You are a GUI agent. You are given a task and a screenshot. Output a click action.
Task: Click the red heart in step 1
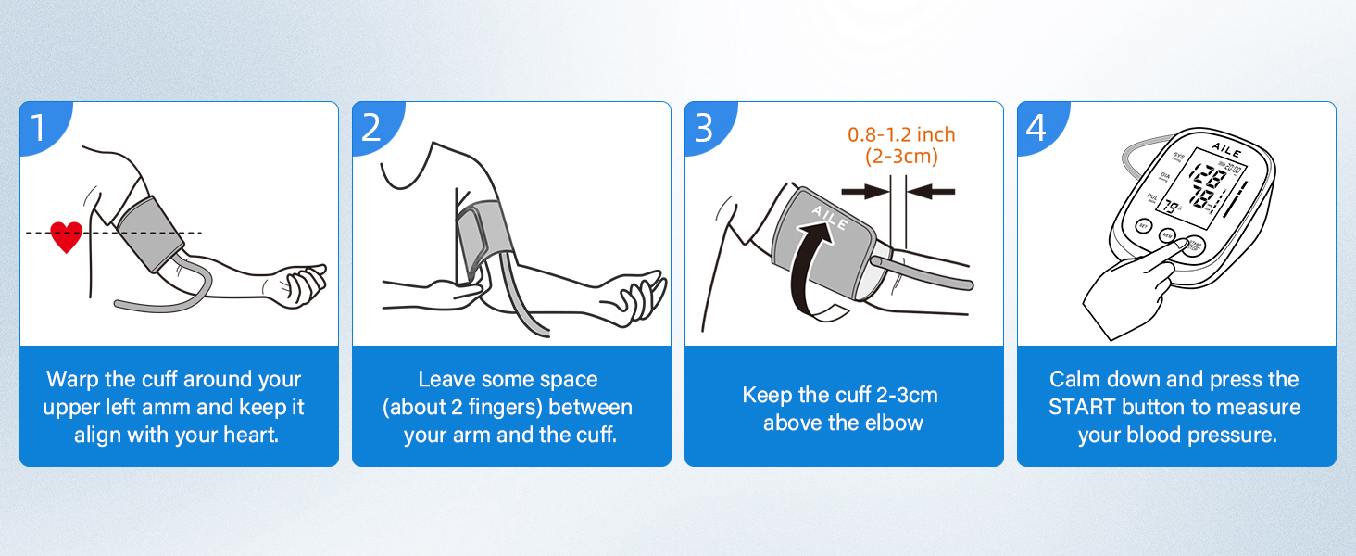[x=66, y=236]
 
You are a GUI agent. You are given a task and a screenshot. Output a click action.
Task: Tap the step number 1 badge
[x=39, y=128]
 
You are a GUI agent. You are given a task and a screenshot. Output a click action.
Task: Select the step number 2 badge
[x=371, y=128]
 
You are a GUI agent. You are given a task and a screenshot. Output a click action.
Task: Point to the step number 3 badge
[x=704, y=128]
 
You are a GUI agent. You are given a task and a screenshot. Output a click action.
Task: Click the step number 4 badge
[x=1036, y=128]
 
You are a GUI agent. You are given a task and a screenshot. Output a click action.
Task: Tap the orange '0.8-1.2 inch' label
[x=901, y=135]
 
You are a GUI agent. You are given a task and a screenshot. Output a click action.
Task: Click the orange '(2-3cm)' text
[x=901, y=158]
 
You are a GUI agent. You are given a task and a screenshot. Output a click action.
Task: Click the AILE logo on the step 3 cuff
[x=829, y=219]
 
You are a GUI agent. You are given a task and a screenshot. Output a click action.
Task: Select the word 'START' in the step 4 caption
[x=1082, y=408]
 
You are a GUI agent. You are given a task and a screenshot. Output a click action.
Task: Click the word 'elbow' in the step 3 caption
[x=894, y=423]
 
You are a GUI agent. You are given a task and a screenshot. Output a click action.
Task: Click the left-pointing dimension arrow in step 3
[x=932, y=191]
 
